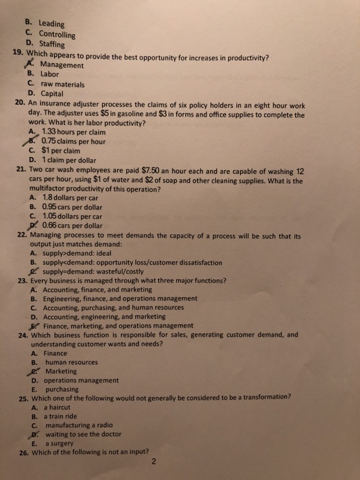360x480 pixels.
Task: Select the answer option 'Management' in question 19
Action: (63, 65)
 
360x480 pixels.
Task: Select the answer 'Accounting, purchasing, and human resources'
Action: (119, 307)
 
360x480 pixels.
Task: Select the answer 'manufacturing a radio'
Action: (82, 424)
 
